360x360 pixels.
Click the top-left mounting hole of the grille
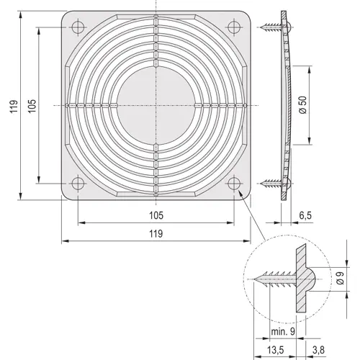point(78,27)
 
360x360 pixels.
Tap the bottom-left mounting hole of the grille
point(78,184)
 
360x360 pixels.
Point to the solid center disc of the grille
point(156,106)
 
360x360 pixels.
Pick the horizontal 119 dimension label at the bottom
point(156,233)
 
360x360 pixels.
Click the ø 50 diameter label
point(303,106)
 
